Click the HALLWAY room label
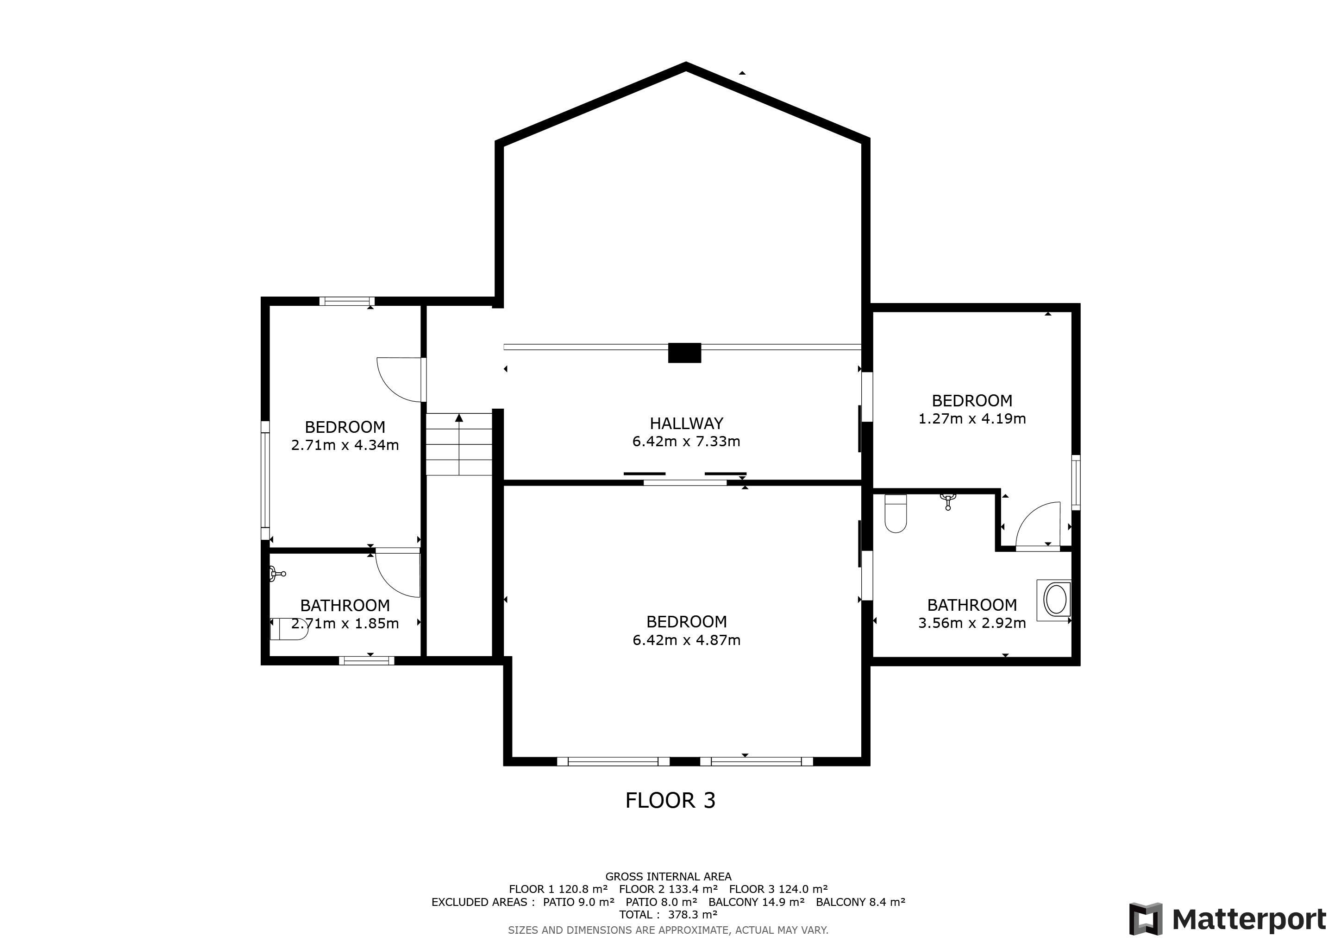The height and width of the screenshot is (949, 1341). click(x=686, y=423)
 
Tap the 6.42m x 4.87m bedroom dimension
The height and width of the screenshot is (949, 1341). click(x=686, y=640)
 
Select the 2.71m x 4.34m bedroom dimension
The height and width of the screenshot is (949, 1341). click(x=345, y=445)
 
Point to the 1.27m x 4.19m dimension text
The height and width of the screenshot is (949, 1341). click(x=972, y=419)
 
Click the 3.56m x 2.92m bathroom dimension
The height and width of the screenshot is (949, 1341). click(x=972, y=623)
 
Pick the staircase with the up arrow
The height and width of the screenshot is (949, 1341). click(x=459, y=444)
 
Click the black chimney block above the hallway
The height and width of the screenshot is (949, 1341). click(x=684, y=353)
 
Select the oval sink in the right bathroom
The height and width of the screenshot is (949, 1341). click(x=1055, y=600)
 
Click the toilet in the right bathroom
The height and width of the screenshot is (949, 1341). click(x=896, y=513)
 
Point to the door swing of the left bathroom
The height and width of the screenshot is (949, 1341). click(x=398, y=573)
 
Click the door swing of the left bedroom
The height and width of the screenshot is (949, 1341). click(x=400, y=380)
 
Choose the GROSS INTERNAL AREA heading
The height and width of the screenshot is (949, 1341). click(x=668, y=877)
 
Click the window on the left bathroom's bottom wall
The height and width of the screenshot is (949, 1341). click(x=367, y=660)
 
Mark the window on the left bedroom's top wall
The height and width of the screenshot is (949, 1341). click(x=347, y=302)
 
